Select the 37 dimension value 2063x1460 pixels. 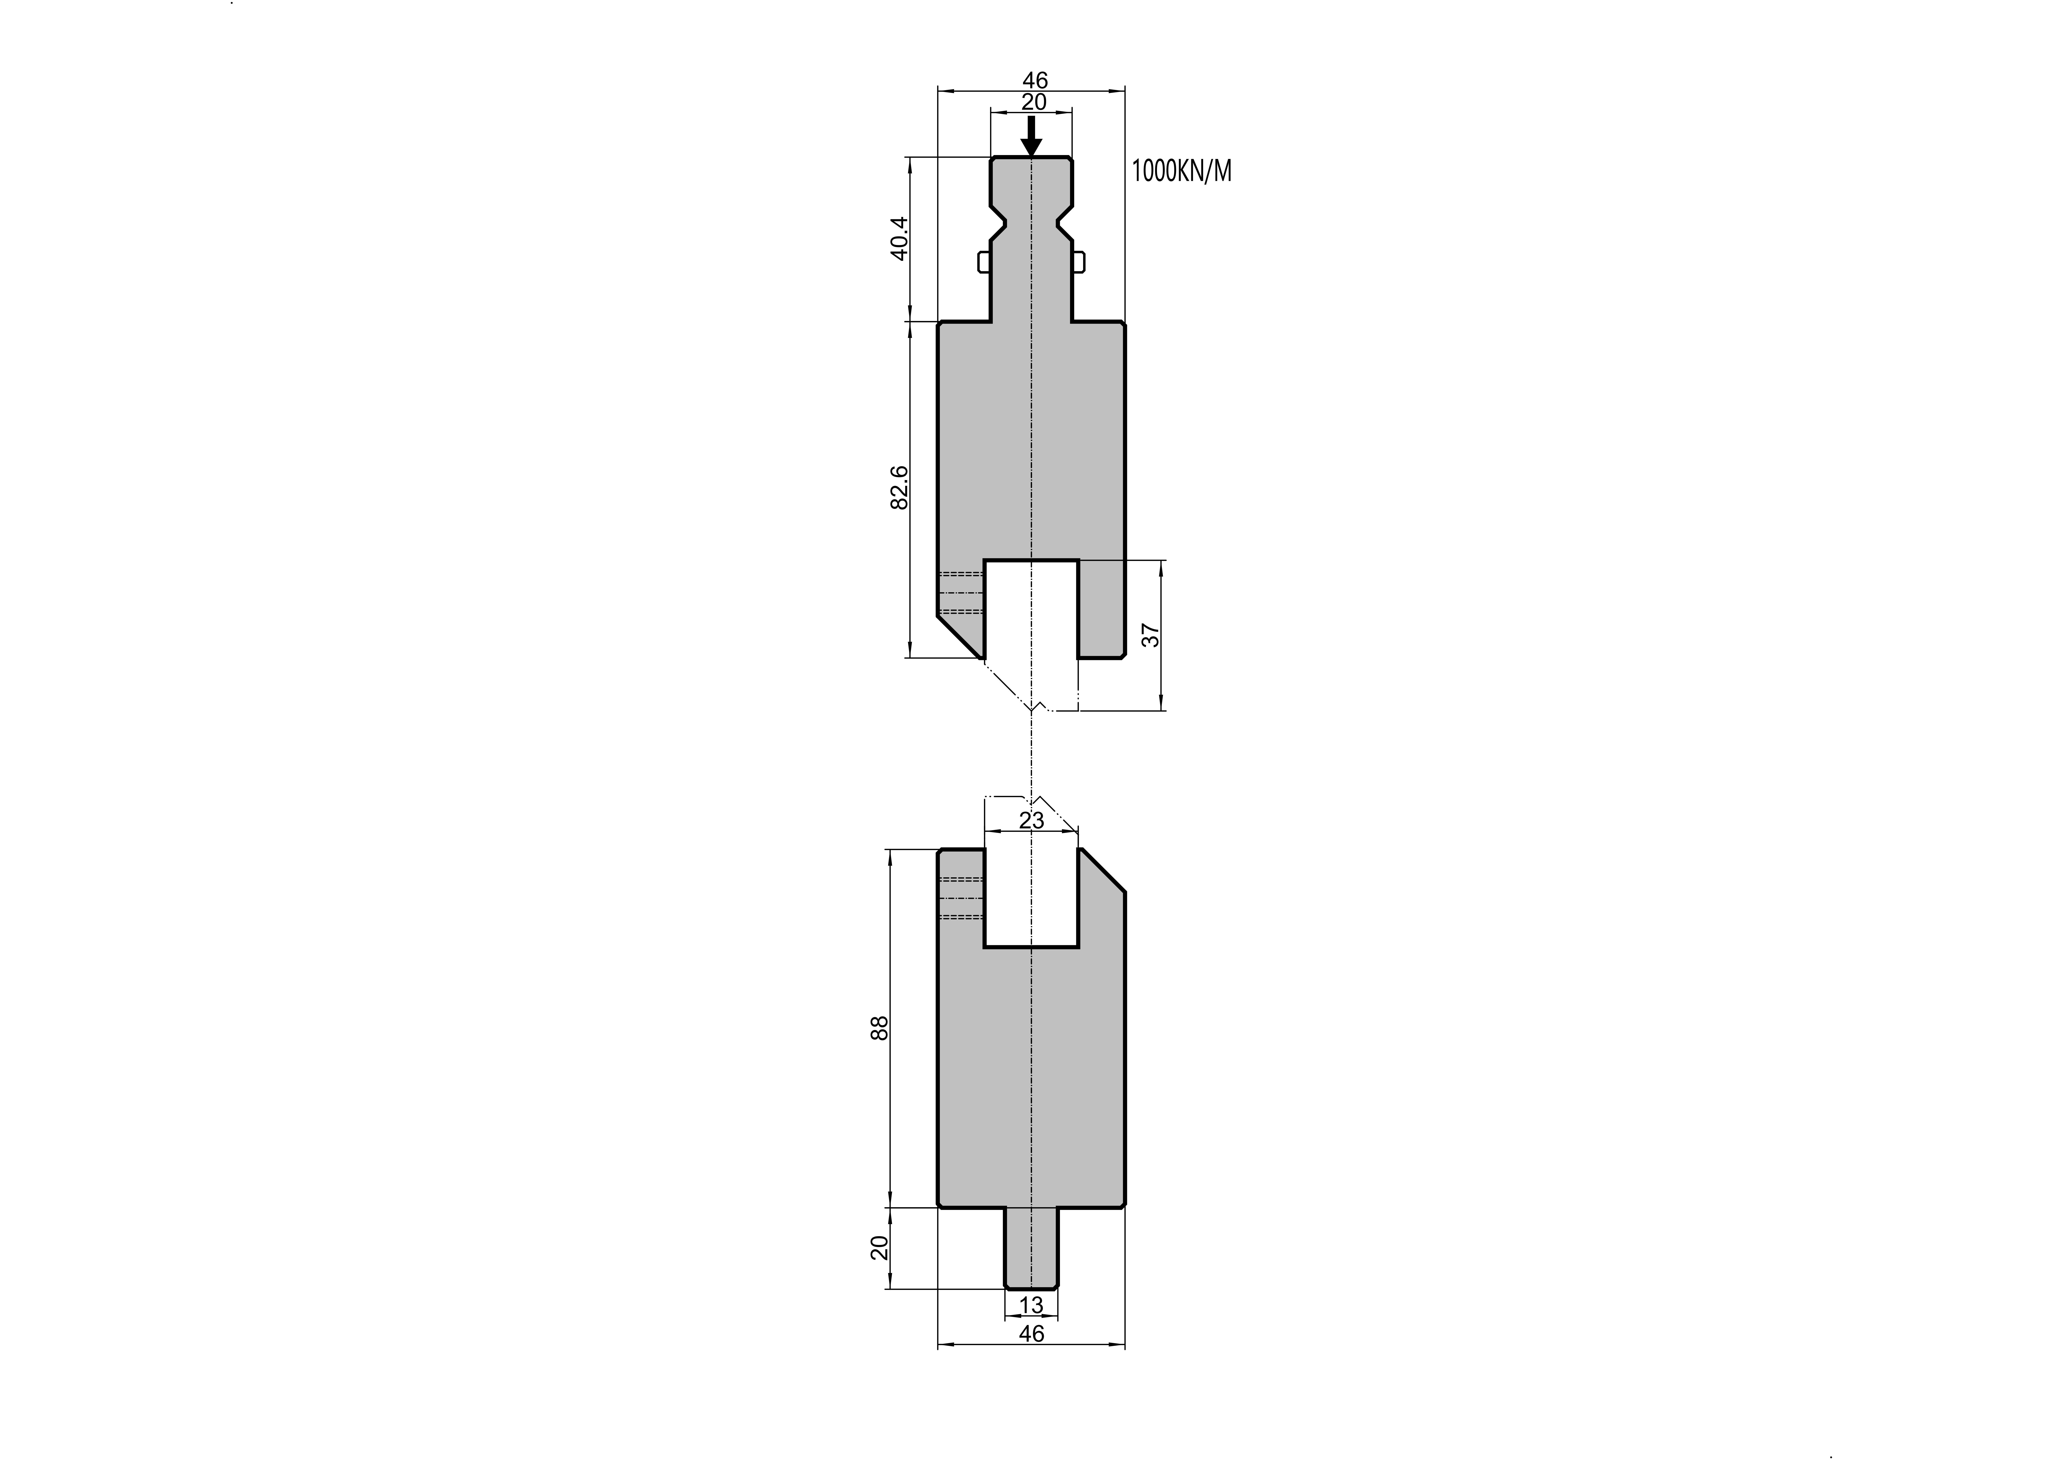coord(1151,635)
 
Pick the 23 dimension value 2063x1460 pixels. coord(1032,820)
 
